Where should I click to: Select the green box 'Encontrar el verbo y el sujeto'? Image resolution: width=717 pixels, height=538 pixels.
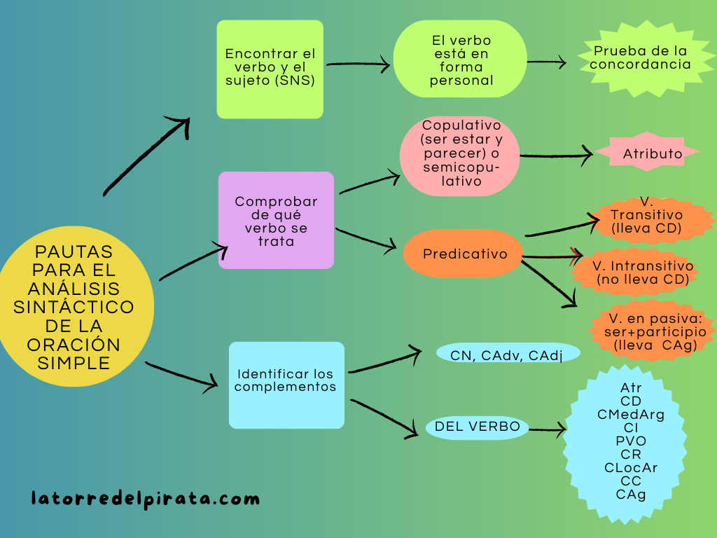(x=270, y=69)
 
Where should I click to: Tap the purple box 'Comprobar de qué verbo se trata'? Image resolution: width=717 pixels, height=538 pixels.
(x=276, y=220)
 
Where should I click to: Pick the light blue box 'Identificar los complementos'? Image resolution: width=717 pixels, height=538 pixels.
(x=286, y=385)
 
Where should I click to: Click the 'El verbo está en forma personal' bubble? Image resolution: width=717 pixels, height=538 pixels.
(x=460, y=61)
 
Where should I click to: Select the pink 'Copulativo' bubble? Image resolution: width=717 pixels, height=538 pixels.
(x=460, y=156)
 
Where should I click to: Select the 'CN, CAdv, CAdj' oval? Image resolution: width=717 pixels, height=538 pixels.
(x=508, y=354)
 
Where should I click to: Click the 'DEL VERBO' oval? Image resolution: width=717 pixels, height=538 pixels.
(x=477, y=427)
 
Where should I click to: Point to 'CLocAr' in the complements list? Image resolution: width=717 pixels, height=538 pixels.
(x=631, y=467)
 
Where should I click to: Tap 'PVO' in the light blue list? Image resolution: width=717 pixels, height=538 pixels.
(x=631, y=441)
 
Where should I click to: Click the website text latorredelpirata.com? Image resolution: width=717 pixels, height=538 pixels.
(x=146, y=499)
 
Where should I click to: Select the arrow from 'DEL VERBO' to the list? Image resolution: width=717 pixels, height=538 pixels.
(x=548, y=429)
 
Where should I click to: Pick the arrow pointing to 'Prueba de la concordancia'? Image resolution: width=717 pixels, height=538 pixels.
(x=546, y=62)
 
